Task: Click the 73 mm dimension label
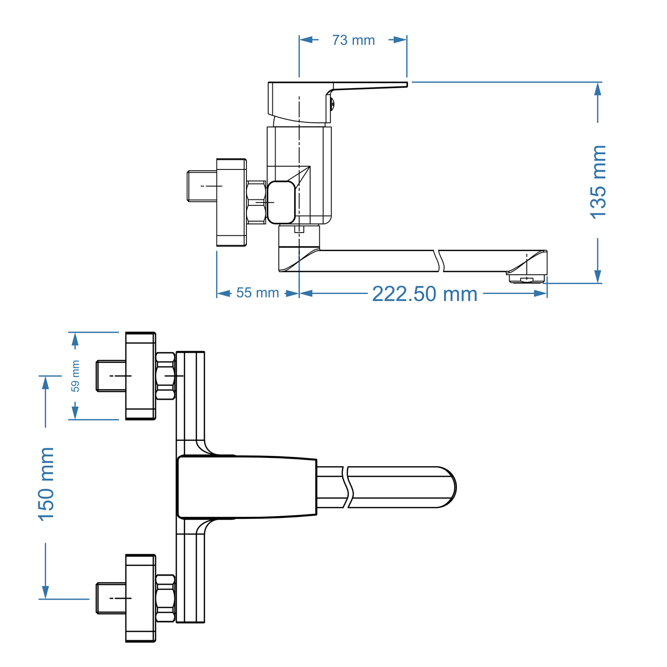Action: click(x=353, y=40)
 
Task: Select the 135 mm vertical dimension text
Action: click(x=598, y=181)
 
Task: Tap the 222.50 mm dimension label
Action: click(x=424, y=294)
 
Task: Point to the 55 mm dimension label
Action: click(x=257, y=293)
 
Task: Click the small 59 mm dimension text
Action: click(x=75, y=376)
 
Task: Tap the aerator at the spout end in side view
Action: click(x=526, y=278)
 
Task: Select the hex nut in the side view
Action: click(x=256, y=202)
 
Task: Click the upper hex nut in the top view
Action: click(x=165, y=376)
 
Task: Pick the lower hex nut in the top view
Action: click(x=165, y=598)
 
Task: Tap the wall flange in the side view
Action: click(x=231, y=202)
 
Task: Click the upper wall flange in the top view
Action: click(x=140, y=376)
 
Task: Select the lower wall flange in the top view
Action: click(x=140, y=598)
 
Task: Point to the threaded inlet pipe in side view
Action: click(x=201, y=186)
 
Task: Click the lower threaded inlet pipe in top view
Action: click(x=111, y=598)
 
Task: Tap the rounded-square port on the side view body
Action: click(x=281, y=202)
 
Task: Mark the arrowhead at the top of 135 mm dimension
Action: click(x=598, y=89)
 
